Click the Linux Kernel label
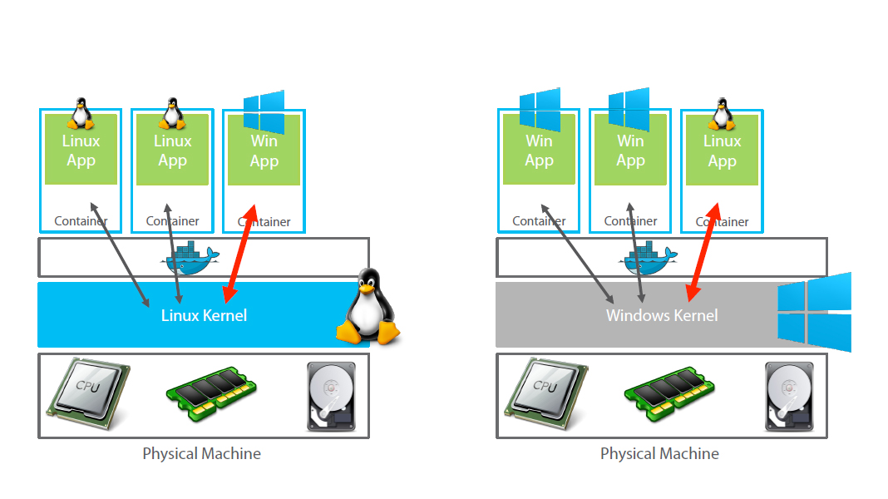204,315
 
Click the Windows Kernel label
662,315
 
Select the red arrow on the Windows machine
703,250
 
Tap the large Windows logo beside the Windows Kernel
815,312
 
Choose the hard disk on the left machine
331,396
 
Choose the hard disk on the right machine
789,396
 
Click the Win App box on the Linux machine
264,151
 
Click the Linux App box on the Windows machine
722,151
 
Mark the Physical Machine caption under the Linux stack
202,454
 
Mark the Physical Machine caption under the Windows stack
659,454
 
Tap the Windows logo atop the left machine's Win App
264,111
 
